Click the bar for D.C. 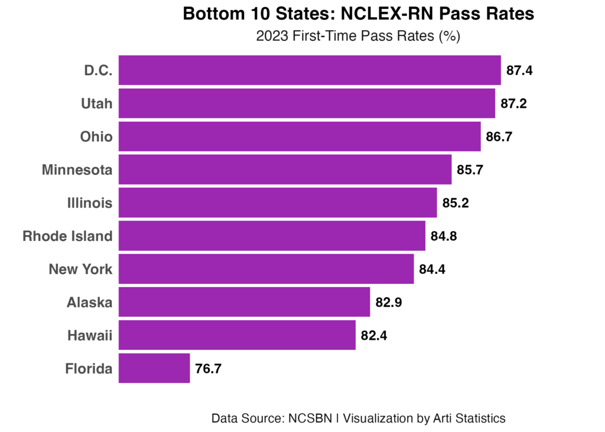click(x=310, y=70)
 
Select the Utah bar click(x=307, y=103)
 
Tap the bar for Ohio click(x=300, y=137)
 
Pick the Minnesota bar click(x=285, y=170)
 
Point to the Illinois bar click(x=278, y=203)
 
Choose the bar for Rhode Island click(x=272, y=236)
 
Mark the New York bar click(x=266, y=269)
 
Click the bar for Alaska click(x=244, y=302)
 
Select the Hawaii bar click(x=237, y=335)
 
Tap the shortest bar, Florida click(x=154, y=368)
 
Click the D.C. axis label click(x=98, y=71)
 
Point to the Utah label click(x=96, y=104)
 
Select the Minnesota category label click(x=77, y=170)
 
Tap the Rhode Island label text click(x=67, y=236)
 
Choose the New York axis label click(x=80, y=269)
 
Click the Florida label click(x=89, y=369)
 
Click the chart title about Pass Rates click(x=358, y=37)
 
